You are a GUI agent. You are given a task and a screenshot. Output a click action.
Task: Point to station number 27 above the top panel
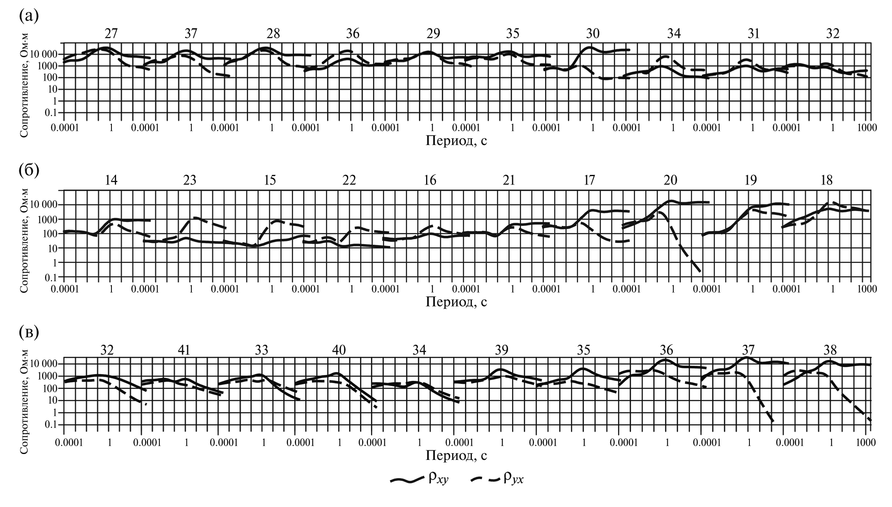click(111, 34)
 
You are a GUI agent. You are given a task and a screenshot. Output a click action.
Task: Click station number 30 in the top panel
click(593, 34)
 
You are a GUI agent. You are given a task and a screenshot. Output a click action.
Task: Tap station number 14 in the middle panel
click(111, 180)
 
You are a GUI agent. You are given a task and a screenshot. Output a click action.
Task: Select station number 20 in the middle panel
click(670, 180)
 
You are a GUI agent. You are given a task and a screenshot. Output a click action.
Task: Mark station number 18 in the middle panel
click(827, 180)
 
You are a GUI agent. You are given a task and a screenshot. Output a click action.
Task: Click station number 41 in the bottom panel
click(184, 350)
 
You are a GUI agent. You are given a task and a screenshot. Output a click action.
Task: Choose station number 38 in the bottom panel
click(830, 350)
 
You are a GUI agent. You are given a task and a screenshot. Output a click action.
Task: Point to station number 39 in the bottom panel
click(502, 350)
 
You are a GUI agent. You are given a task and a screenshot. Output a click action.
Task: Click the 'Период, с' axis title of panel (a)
click(456, 140)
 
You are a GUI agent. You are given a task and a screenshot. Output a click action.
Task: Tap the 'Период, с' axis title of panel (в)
click(456, 455)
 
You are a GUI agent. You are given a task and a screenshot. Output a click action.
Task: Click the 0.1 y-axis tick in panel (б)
click(52, 277)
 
